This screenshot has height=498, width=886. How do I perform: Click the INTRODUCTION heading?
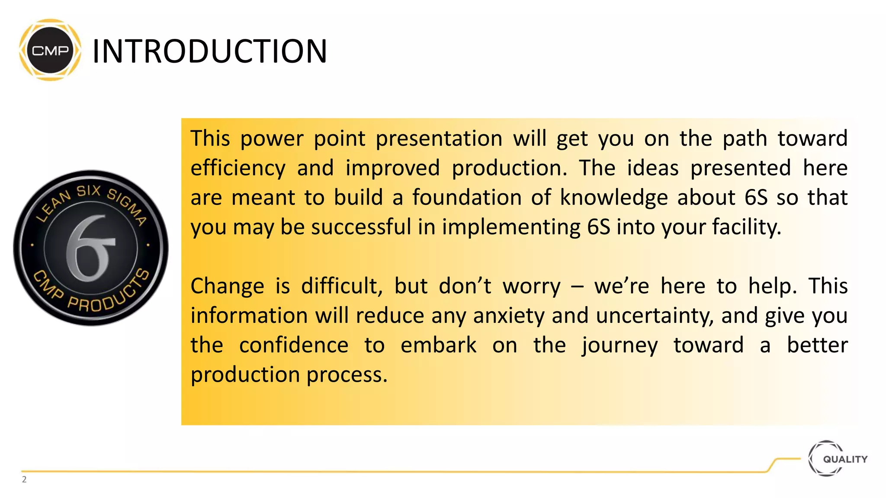210,51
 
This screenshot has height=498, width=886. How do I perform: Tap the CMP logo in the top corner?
50,50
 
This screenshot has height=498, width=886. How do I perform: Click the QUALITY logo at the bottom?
838,459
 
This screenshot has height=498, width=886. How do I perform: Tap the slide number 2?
24,479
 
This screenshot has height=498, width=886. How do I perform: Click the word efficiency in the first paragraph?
238,168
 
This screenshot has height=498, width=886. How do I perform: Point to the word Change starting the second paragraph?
227,286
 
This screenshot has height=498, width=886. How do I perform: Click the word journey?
620,345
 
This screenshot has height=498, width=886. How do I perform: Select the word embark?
438,345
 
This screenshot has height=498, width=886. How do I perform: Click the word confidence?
293,345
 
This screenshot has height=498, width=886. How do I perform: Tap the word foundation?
467,198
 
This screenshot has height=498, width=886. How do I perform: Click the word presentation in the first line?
439,139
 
